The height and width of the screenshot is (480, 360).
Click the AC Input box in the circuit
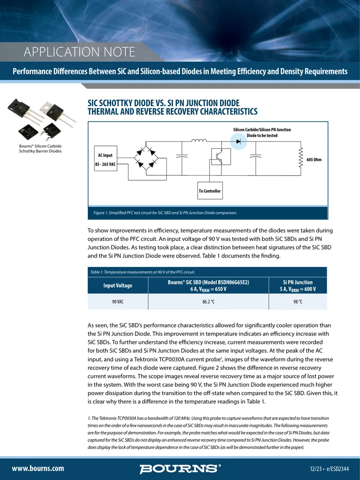click(105, 158)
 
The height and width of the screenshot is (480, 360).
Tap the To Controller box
click(210, 191)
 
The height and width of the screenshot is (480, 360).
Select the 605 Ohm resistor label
click(314, 159)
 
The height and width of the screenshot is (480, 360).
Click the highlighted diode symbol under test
click(238, 141)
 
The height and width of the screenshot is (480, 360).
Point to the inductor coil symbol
click(199, 140)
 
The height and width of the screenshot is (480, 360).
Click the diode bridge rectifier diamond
click(146, 158)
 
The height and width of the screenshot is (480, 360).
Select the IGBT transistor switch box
click(221, 157)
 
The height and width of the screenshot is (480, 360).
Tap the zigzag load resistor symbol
click(301, 158)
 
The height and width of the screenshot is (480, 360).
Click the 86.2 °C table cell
click(208, 302)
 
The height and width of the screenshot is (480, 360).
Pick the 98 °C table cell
click(297, 302)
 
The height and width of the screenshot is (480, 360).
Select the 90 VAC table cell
click(118, 302)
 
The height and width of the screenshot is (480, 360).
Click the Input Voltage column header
click(118, 285)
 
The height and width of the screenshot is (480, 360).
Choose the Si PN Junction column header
click(297, 285)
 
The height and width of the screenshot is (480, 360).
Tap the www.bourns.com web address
click(38, 468)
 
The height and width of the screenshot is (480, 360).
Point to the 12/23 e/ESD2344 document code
click(329, 469)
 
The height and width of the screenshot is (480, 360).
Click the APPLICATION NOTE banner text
click(80, 52)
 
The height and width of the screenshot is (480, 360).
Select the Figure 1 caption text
click(165, 213)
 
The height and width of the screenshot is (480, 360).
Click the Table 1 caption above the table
click(143, 272)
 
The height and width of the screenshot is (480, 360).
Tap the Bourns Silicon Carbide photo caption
click(40, 149)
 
